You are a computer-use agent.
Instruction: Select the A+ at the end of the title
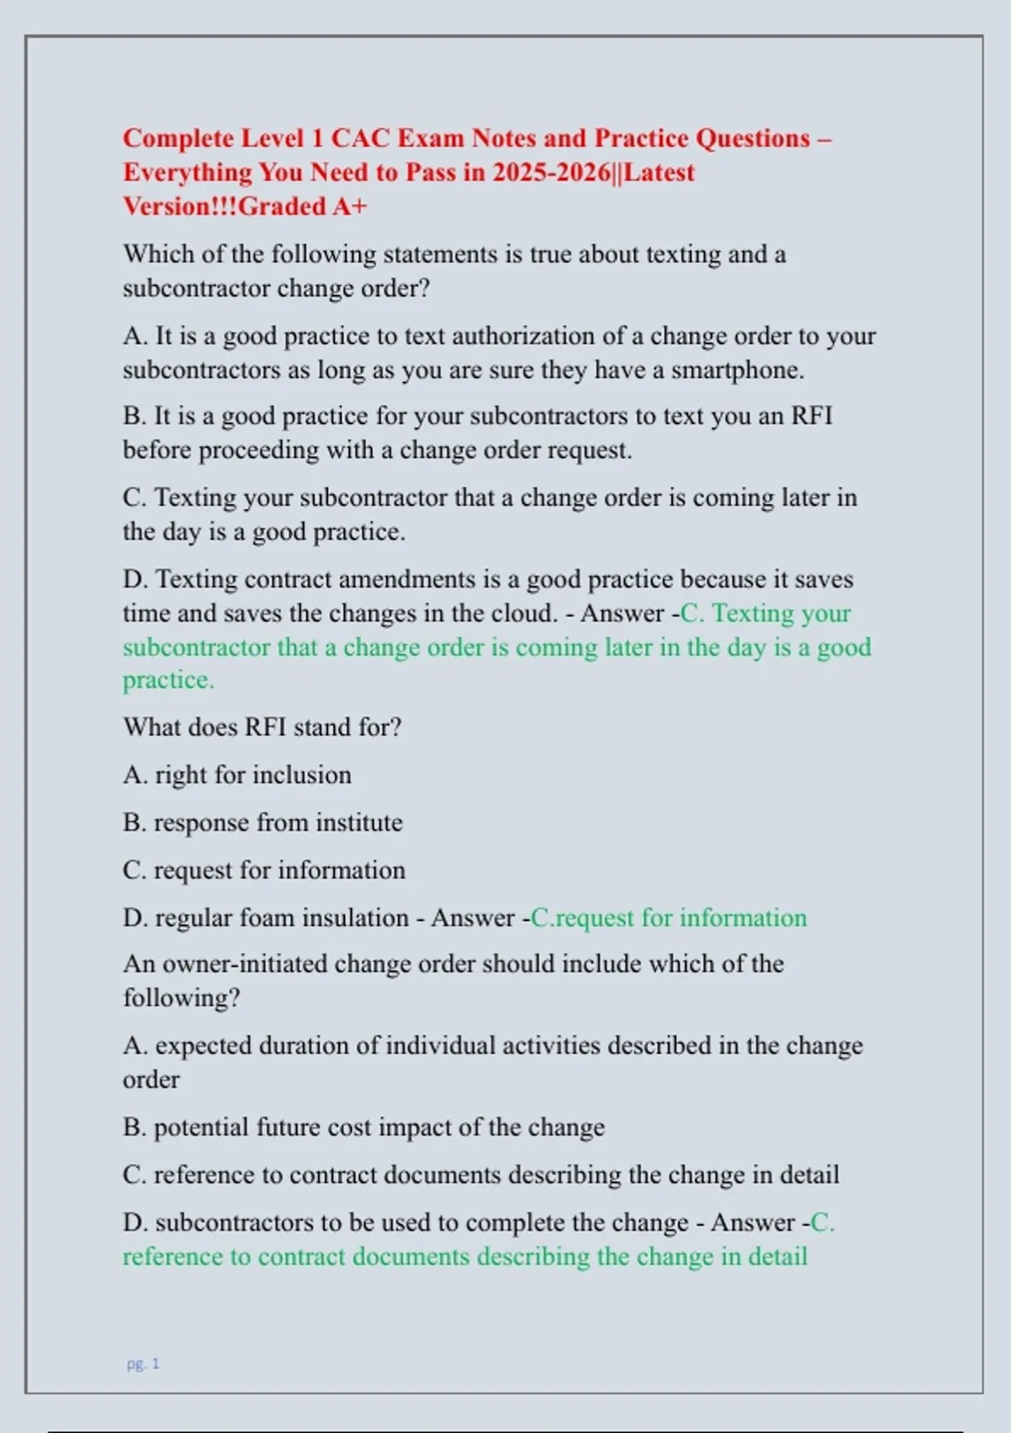coord(349,206)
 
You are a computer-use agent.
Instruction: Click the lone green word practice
coord(168,679)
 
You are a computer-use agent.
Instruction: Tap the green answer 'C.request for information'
coord(668,917)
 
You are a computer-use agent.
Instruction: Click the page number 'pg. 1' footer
coord(143,1363)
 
